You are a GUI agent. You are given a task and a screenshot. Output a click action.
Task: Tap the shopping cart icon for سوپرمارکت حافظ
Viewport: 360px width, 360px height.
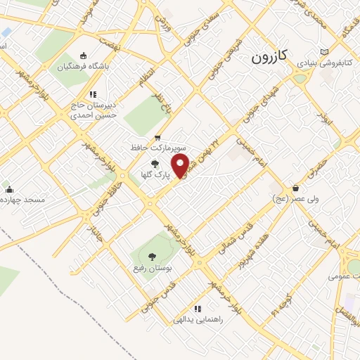[x=157, y=137]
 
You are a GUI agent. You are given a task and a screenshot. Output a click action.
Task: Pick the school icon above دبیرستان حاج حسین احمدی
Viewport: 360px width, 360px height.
[x=92, y=94]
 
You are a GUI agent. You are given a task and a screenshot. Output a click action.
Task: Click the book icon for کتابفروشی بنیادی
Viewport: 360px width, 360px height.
[x=323, y=51]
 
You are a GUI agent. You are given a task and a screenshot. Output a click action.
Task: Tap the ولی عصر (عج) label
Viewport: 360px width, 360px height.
[x=295, y=199]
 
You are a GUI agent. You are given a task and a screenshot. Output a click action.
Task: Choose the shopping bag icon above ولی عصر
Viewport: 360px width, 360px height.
[x=296, y=188]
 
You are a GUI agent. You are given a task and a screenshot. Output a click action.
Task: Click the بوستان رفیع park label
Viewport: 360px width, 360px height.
[x=151, y=269]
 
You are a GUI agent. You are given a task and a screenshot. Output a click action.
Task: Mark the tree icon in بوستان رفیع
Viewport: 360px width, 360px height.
[x=153, y=256]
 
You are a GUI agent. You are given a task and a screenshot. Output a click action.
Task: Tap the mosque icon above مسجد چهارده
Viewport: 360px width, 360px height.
[x=9, y=189]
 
